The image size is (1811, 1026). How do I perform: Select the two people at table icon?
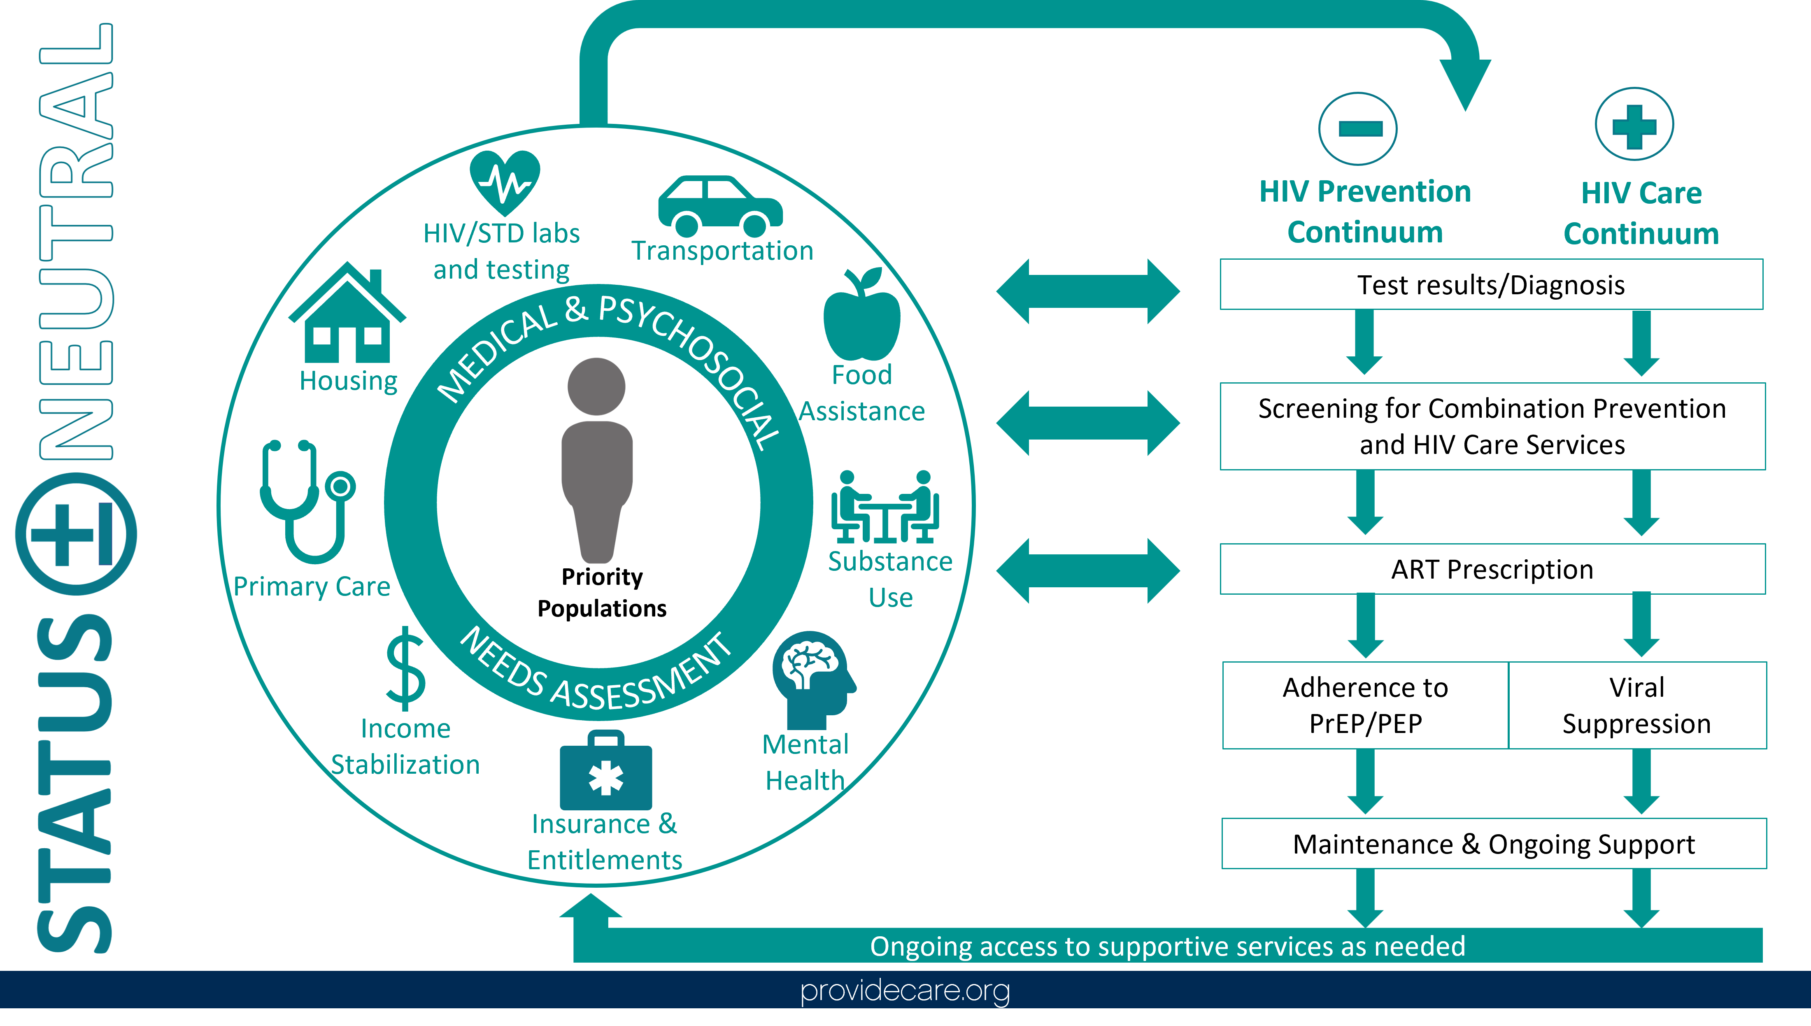pos(885,507)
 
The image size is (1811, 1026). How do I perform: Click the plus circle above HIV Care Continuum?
pos(1634,125)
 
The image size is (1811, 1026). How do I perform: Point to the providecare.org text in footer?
pos(905,990)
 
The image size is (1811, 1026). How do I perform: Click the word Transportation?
pos(722,251)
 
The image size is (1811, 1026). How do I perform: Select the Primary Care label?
pos(312,586)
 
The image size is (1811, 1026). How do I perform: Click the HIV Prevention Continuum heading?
pos(1365,212)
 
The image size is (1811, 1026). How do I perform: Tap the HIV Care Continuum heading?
pos(1641,213)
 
